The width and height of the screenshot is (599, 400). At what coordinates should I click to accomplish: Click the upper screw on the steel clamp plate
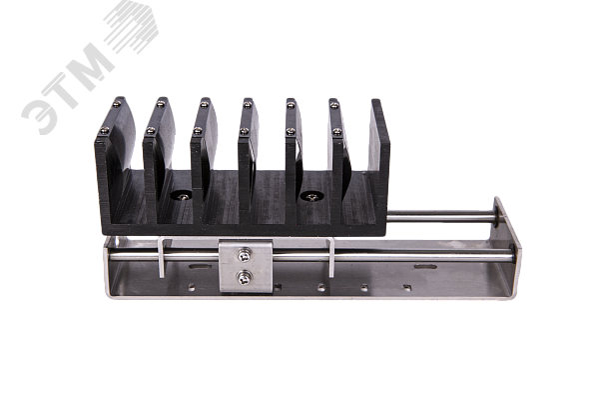[x=245, y=256]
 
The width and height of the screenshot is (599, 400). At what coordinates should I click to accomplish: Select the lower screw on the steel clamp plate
[x=245, y=278]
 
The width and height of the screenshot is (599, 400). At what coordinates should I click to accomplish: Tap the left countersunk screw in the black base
[x=184, y=197]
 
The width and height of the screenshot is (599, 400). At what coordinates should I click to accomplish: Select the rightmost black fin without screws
[x=380, y=153]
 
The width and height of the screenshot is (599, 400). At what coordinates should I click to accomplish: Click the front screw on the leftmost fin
[x=104, y=131]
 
